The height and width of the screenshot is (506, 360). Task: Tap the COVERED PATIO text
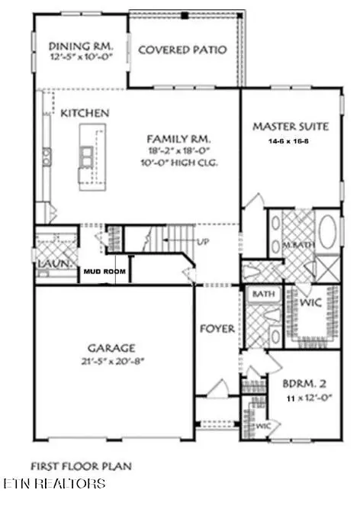coord(182,50)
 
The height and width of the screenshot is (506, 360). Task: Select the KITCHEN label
coord(85,113)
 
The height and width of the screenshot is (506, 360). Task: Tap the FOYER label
coord(217,329)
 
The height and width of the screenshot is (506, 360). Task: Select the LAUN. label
coord(51,265)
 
